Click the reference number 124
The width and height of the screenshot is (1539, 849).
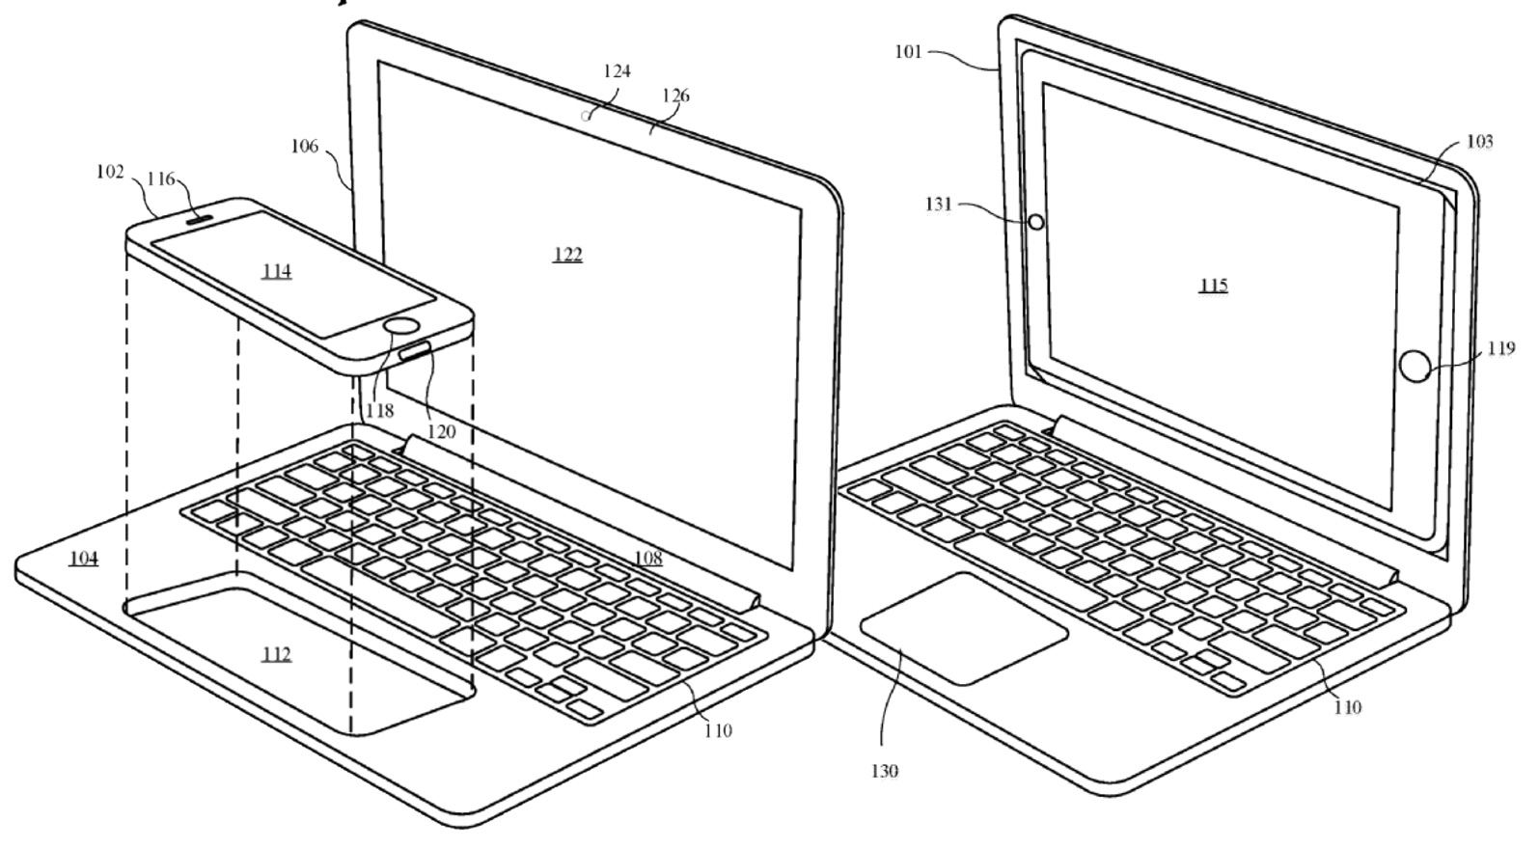pos(617,71)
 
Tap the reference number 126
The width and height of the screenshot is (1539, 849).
pos(676,96)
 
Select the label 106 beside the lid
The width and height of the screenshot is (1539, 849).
pos(304,146)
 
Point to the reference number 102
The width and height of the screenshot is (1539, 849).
pos(110,172)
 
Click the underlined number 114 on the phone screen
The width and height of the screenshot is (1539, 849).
pos(276,271)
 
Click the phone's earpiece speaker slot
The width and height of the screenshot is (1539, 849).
pos(197,217)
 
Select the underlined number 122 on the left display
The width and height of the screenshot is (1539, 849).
pos(567,255)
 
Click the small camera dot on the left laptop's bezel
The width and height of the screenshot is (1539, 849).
pos(586,117)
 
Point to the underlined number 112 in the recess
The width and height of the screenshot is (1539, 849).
pos(276,655)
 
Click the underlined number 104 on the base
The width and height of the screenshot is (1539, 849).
pos(84,558)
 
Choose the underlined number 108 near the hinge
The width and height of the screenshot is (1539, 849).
pos(647,558)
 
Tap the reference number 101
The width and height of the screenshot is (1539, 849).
pos(908,51)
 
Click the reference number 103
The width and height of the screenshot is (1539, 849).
pos(1479,142)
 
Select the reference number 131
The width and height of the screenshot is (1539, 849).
pos(938,204)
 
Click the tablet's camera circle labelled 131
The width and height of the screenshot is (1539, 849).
pos(1036,222)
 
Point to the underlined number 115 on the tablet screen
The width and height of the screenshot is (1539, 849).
pos(1213,286)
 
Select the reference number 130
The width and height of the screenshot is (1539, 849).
pos(884,771)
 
